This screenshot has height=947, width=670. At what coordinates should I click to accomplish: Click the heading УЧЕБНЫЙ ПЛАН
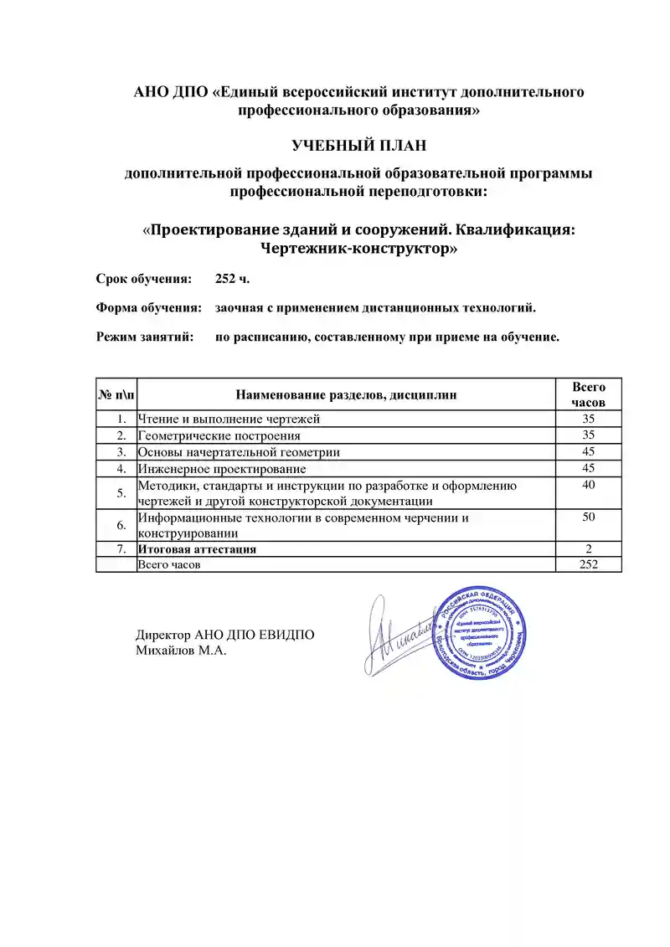tap(359, 146)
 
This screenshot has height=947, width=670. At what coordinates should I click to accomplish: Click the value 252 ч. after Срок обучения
tap(232, 278)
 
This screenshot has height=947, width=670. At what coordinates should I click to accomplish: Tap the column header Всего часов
tap(588, 394)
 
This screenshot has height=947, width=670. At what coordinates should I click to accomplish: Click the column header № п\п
tap(116, 394)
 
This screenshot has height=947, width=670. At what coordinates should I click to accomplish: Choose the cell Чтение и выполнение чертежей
tap(229, 418)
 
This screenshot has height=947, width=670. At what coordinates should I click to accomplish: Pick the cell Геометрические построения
tap(219, 435)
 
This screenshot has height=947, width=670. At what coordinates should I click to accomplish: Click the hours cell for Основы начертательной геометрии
tap(588, 451)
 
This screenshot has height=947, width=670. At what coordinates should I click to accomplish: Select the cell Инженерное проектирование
tap(221, 468)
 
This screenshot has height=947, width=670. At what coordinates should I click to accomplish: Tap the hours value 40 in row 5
tap(588, 485)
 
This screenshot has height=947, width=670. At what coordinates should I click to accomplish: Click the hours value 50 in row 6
tap(588, 518)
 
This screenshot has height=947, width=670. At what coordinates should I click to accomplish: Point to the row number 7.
tap(122, 549)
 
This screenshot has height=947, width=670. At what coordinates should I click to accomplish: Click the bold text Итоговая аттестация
tap(197, 549)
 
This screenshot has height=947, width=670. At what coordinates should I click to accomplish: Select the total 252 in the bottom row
tap(588, 565)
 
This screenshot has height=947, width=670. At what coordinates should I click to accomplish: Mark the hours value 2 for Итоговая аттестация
tap(588, 549)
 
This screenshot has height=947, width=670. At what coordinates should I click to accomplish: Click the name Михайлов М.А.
tap(182, 650)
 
